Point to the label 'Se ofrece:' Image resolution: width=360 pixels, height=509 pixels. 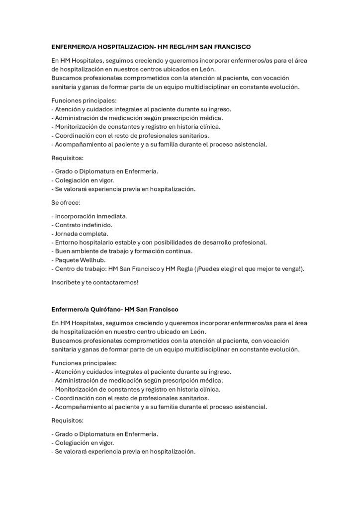click(66, 203)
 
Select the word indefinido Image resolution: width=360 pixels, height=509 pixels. click(94, 225)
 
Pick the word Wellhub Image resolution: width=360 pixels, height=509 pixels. click(93, 260)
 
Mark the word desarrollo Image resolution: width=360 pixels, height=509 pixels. click(211, 243)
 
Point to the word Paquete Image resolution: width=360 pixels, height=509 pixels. click(67, 260)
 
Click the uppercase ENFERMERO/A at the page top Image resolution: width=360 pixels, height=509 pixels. click(72, 47)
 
